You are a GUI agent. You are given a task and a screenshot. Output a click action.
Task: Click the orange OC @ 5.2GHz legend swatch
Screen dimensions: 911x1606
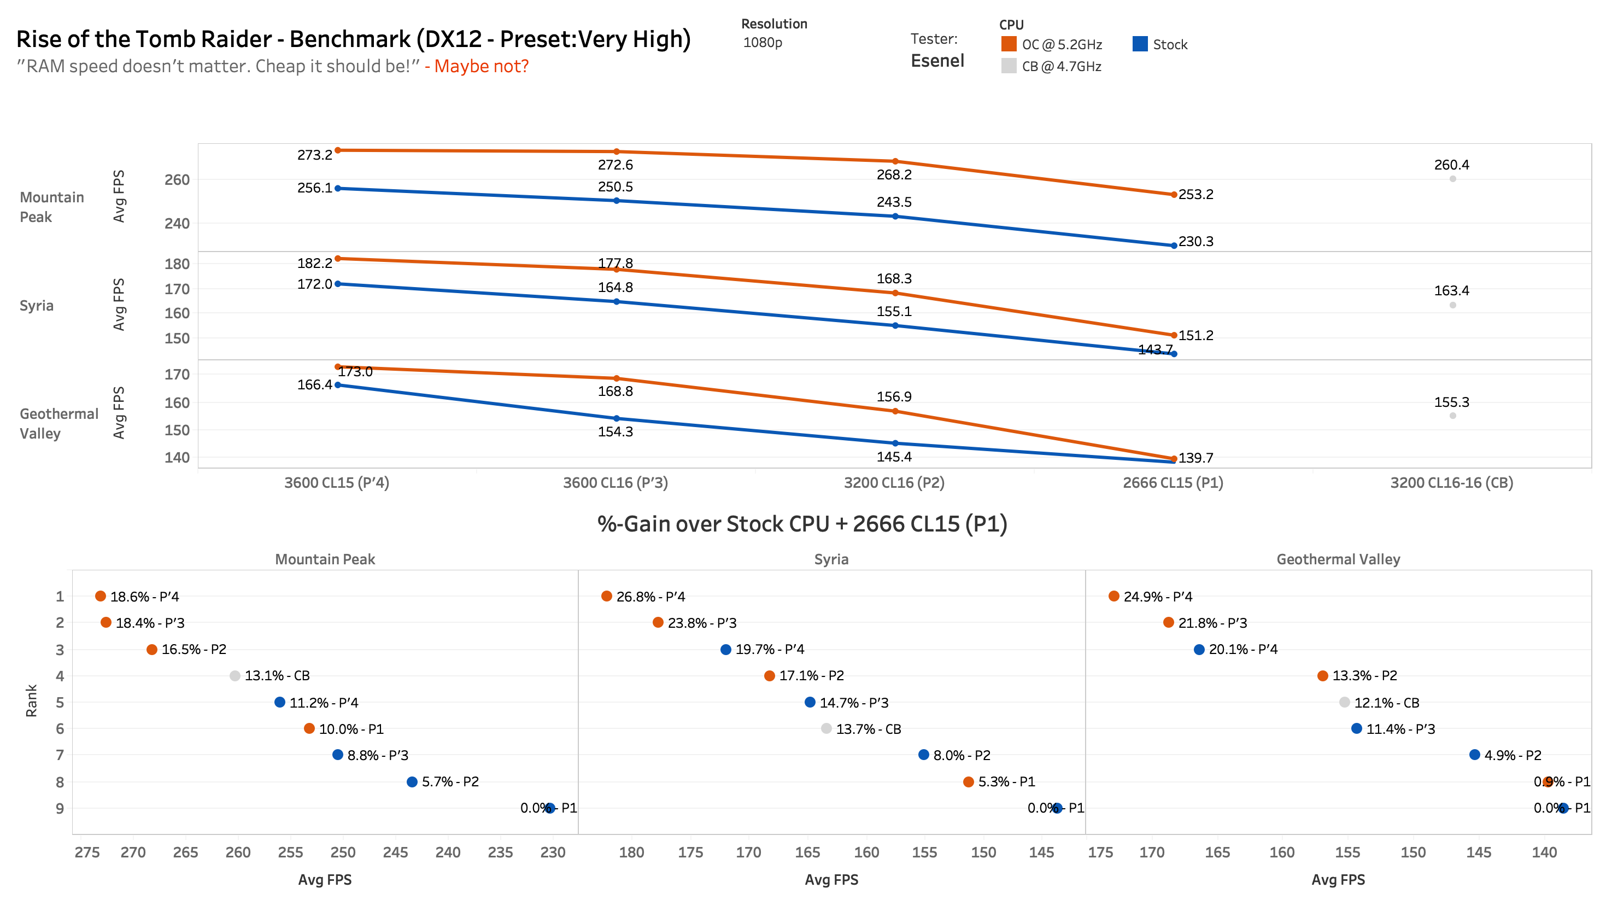(1008, 44)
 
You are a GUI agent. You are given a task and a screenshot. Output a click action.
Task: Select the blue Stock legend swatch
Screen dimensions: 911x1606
(1140, 44)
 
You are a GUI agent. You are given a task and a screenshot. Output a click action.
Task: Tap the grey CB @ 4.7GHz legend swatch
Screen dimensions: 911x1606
(1008, 66)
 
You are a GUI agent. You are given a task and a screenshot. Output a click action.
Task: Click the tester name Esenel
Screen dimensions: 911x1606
(937, 61)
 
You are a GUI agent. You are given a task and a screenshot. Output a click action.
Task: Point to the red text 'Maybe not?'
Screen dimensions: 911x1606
(481, 66)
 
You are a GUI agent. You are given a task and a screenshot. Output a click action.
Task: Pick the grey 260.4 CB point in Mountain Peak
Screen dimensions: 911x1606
(1452, 179)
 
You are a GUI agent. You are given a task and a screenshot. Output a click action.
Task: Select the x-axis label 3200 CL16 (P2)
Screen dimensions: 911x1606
(894, 482)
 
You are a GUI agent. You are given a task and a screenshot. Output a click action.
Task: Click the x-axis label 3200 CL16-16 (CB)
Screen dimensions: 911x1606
(1451, 482)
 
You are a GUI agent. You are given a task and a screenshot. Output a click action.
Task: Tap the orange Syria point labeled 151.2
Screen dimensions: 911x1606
(1173, 335)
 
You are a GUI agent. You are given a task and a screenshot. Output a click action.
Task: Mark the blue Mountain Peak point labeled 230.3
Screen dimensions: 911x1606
(1173, 246)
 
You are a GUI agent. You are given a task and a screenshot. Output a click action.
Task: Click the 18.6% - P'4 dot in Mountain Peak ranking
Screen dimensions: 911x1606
(100, 595)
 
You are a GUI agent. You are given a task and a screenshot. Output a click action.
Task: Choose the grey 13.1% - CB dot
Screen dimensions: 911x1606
(235, 676)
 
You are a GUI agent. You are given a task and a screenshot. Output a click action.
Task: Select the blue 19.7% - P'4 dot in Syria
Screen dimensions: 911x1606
(725, 650)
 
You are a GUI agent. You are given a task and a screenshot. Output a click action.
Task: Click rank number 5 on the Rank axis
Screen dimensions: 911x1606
(60, 703)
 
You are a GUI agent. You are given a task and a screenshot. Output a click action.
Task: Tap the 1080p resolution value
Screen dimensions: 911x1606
(763, 43)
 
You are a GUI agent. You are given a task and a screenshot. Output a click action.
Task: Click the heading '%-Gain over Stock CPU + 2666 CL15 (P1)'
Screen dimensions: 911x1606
(802, 524)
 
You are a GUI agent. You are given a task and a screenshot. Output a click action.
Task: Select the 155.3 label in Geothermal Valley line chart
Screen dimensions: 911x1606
(1451, 402)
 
